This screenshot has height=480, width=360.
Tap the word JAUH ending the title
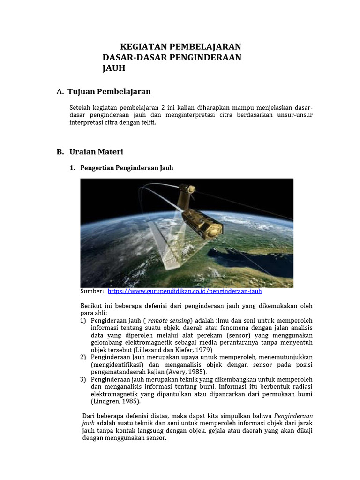(114, 68)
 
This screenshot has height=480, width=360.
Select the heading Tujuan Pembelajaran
(109, 91)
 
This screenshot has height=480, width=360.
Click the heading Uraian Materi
(96, 152)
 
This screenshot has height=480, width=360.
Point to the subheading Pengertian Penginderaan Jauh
(127, 168)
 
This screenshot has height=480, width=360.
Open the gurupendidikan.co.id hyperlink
(185, 291)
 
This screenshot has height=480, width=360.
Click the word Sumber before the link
(92, 291)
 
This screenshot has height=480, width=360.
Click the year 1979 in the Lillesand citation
(205, 350)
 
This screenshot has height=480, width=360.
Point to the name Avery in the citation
(174, 372)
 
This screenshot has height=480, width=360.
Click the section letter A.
(60, 91)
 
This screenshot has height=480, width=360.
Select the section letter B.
(60, 152)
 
